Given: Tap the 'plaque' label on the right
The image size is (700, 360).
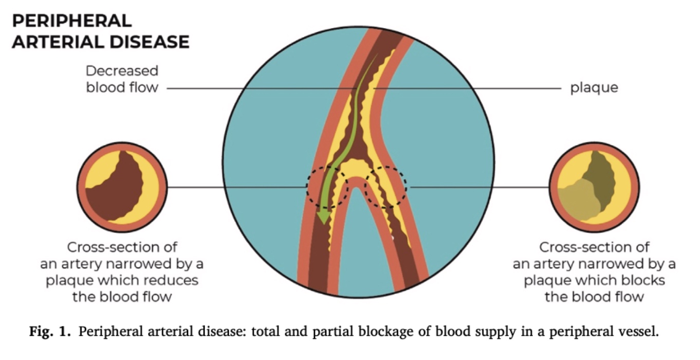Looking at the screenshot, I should pos(594,88).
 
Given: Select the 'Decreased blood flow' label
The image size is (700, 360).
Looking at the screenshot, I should pos(122,79).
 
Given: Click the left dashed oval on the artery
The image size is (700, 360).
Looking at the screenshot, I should pos(327,187).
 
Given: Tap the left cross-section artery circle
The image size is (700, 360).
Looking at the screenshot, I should pos(122,187).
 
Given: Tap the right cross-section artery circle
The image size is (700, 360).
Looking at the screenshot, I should pos(595,187).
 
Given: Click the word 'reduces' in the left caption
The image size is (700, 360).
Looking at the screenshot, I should pos(173,281).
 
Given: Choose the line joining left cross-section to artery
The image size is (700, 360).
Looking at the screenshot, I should pos(236,187).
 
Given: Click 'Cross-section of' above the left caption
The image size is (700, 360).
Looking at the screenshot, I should pos(122,247).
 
